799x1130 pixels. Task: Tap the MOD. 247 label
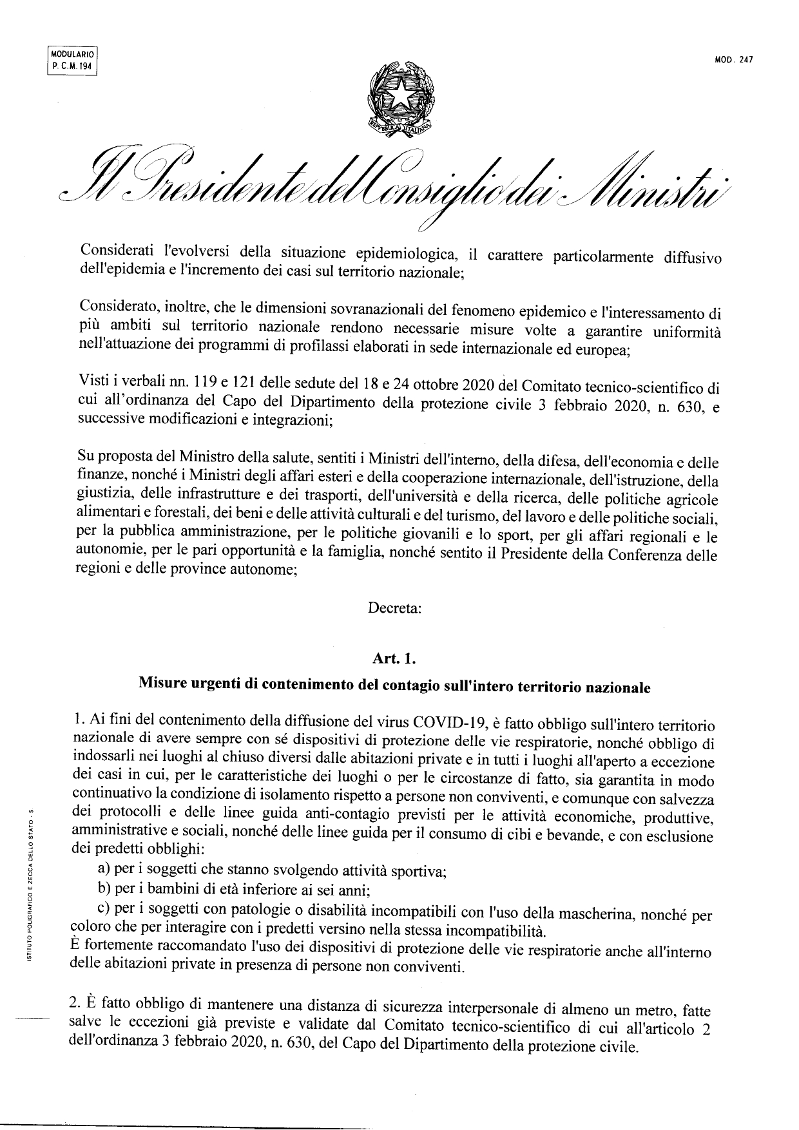tap(734, 60)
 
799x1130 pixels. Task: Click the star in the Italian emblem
tap(398, 96)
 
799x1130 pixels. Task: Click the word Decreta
tap(394, 608)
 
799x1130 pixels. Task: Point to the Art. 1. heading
tap(394, 658)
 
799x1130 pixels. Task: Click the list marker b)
tap(104, 890)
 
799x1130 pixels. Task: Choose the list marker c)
tap(103, 910)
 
